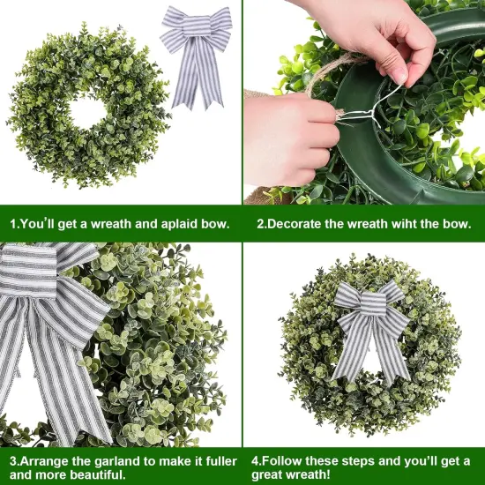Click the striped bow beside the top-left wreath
tap(196, 53)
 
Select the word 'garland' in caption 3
tap(123, 459)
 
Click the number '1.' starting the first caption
tap(16, 224)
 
